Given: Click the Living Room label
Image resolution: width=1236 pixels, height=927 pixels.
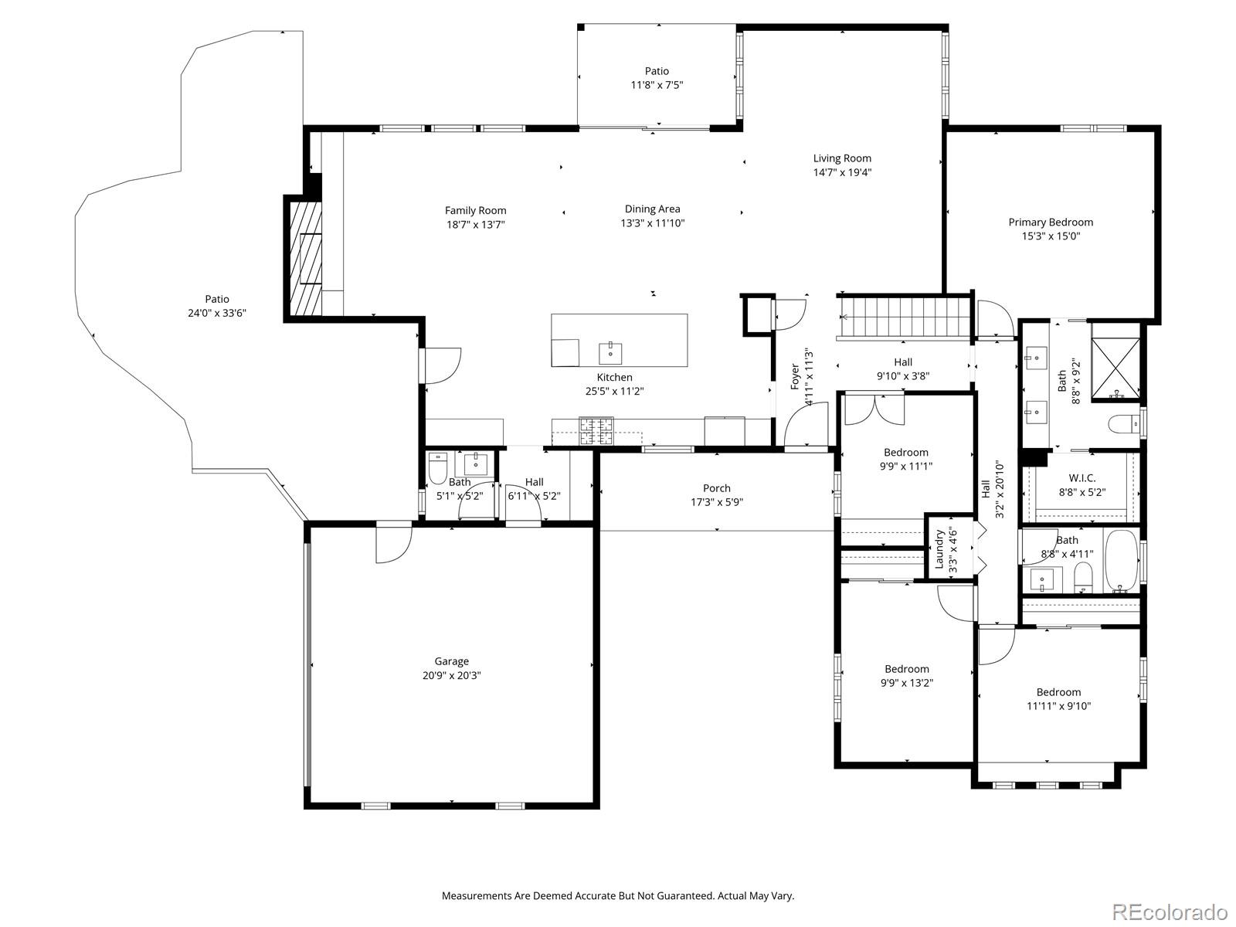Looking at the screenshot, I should (x=842, y=158).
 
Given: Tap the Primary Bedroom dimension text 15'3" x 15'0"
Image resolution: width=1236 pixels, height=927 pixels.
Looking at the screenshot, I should (x=1051, y=236).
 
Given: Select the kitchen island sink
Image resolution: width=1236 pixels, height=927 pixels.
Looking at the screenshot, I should (x=610, y=353).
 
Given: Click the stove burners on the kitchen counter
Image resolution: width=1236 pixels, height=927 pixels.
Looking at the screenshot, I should (x=596, y=431).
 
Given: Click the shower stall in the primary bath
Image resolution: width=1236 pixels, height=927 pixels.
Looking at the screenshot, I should (x=1115, y=360).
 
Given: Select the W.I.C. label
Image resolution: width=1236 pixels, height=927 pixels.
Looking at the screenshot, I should (x=1081, y=478).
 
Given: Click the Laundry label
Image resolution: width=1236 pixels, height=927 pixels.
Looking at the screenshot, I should (x=939, y=548).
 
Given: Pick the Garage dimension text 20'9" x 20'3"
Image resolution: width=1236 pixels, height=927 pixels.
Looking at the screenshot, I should (x=451, y=675).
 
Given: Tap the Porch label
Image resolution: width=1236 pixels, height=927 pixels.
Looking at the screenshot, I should (x=717, y=488).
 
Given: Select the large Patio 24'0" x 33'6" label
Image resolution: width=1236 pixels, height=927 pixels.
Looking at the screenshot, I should (x=217, y=299).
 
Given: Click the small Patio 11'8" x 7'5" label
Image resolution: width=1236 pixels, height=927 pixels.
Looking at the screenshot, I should (x=657, y=71).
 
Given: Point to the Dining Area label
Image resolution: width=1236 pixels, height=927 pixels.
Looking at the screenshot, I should (x=652, y=209).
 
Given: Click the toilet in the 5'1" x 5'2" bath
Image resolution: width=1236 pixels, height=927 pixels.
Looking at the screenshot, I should (x=438, y=468).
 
